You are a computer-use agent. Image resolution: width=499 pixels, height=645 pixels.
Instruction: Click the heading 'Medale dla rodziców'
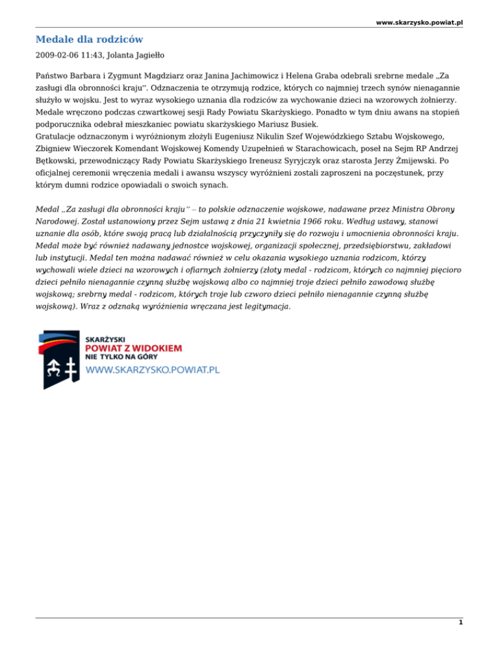tap(90, 40)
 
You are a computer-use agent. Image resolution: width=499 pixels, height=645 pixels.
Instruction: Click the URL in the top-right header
tap(419, 22)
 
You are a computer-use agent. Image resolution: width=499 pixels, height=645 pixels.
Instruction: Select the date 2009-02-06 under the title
tap(57, 56)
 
